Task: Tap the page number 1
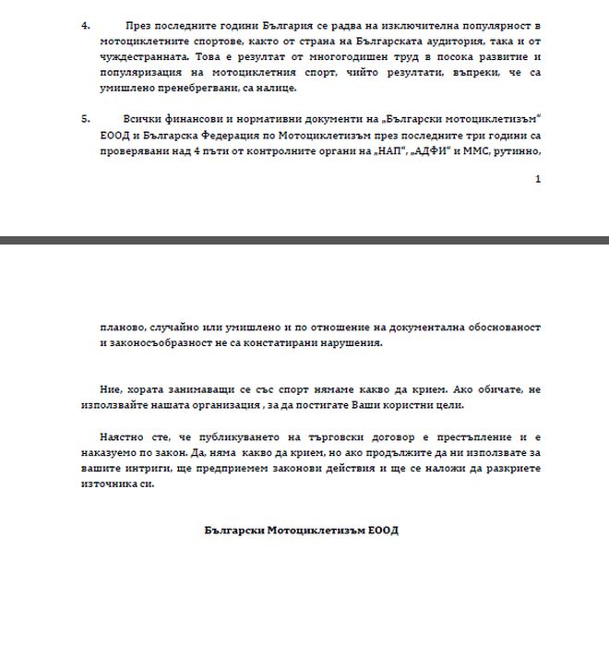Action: pos(538,179)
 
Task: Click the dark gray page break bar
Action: pos(304,240)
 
